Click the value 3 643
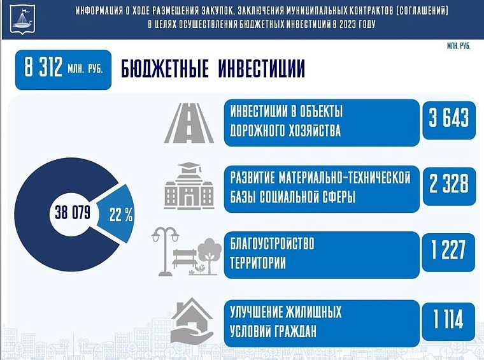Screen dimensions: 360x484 [x=448, y=119]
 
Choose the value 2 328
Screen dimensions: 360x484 [x=448, y=184]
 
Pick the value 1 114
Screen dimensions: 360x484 [x=448, y=319]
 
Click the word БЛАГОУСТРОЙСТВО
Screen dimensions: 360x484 [x=273, y=243]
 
